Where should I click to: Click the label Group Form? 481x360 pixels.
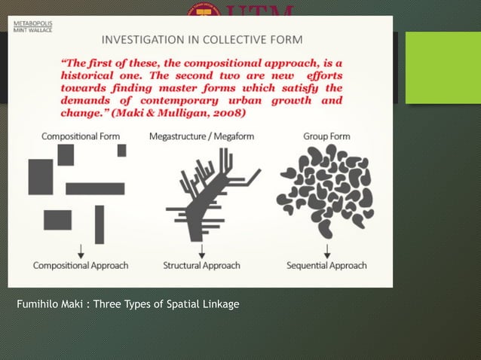326,136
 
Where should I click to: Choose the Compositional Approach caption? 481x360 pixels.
81,265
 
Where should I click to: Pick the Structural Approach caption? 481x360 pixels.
201,265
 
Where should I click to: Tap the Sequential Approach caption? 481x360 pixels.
326,265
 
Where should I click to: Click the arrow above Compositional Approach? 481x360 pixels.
81,250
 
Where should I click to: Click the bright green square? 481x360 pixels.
437,57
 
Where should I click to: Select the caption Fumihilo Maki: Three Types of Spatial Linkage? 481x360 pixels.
127,304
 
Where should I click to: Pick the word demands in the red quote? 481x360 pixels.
85,100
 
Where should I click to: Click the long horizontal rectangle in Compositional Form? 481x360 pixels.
94,188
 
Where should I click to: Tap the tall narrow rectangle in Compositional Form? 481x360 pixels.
100,224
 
